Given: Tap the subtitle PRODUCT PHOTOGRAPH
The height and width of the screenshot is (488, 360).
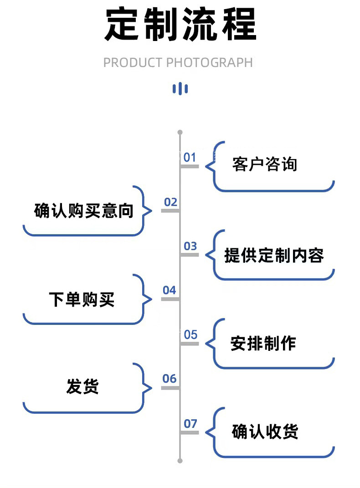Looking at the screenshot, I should pos(178,62).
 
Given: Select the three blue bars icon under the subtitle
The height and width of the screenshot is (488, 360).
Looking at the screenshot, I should pos(180,88).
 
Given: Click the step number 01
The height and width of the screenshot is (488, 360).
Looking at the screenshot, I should pos(190,158).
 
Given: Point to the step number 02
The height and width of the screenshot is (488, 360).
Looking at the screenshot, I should pos(170,202).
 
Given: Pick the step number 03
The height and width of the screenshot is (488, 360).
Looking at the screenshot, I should pos(190,247).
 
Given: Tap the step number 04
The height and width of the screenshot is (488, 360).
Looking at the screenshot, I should pos(169,290).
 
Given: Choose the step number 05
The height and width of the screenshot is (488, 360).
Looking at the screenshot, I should pos(190,335).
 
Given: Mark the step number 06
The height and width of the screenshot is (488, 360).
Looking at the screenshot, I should pos(169,379).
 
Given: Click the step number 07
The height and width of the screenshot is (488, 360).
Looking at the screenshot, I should pos(190,424).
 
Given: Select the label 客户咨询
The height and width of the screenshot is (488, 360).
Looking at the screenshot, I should pos(264,164).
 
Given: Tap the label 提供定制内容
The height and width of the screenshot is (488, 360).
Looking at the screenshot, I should pos(274,256).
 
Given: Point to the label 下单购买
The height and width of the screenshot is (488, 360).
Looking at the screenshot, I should pos(82,299).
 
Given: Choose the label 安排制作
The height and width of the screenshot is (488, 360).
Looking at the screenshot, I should pos(263,343).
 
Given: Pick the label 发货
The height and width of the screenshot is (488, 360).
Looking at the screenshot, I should pos(82,387).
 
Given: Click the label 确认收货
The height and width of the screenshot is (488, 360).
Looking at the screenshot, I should pos(265,431).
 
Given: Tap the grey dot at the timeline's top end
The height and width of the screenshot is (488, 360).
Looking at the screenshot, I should pos(180,132).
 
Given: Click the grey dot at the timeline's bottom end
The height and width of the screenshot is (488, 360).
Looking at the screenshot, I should pos(180,461).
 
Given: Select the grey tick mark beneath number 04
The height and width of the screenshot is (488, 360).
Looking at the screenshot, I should pos(170,299).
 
